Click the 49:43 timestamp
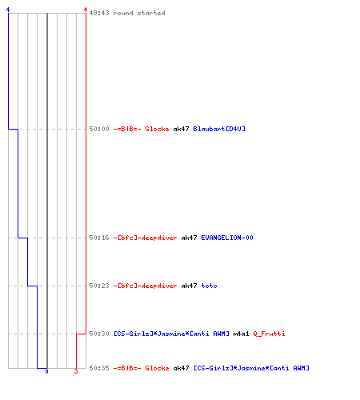[x=99, y=13]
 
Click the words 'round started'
[x=139, y=13]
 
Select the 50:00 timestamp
[x=99, y=129]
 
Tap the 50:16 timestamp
[x=99, y=238]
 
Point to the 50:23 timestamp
[x=99, y=286]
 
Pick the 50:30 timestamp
[x=99, y=334]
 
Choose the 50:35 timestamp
[x=99, y=368]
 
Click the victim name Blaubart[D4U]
[x=219, y=129]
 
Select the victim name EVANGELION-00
[x=227, y=238]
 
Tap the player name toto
[x=209, y=286]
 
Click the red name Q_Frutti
[x=269, y=334]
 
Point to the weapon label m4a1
[x=241, y=334]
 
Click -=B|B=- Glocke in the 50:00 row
[x=141, y=129]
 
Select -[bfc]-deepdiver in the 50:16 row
[x=145, y=238]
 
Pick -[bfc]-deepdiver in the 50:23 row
[x=145, y=286]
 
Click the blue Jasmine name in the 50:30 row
[x=171, y=334]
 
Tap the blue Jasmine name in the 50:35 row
[x=251, y=368]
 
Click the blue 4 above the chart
[x=8, y=10]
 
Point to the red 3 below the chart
[x=76, y=371]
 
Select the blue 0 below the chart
[x=46, y=371]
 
